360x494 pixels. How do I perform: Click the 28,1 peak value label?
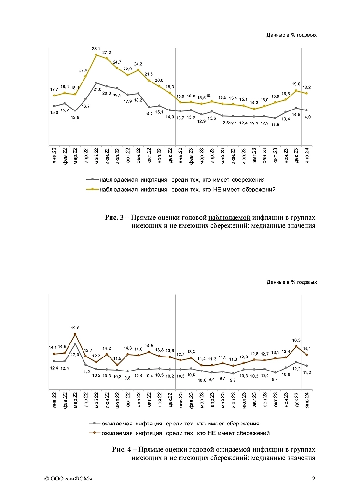pyautogui.click(x=96, y=49)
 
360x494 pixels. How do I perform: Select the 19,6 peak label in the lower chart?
pyautogui.click(x=75, y=328)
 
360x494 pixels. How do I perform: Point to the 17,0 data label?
pyautogui.click(x=76, y=355)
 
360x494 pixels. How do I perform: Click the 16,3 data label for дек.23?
pyautogui.click(x=296, y=340)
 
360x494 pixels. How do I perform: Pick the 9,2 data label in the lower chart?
pyautogui.click(x=233, y=380)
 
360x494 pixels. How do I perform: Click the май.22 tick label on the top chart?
pyautogui.click(x=96, y=158)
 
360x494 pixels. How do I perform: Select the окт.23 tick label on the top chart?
pyautogui.click(x=275, y=158)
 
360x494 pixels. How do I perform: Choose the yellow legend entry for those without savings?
pyautogui.click(x=187, y=190)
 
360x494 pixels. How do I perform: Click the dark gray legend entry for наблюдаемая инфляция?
pyautogui.click(x=182, y=180)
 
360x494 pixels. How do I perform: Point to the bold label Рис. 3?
pyautogui.click(x=114, y=217)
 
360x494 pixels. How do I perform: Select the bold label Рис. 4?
pyautogui.click(x=122, y=450)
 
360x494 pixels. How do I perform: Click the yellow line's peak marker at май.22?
pyautogui.click(x=96, y=55)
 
